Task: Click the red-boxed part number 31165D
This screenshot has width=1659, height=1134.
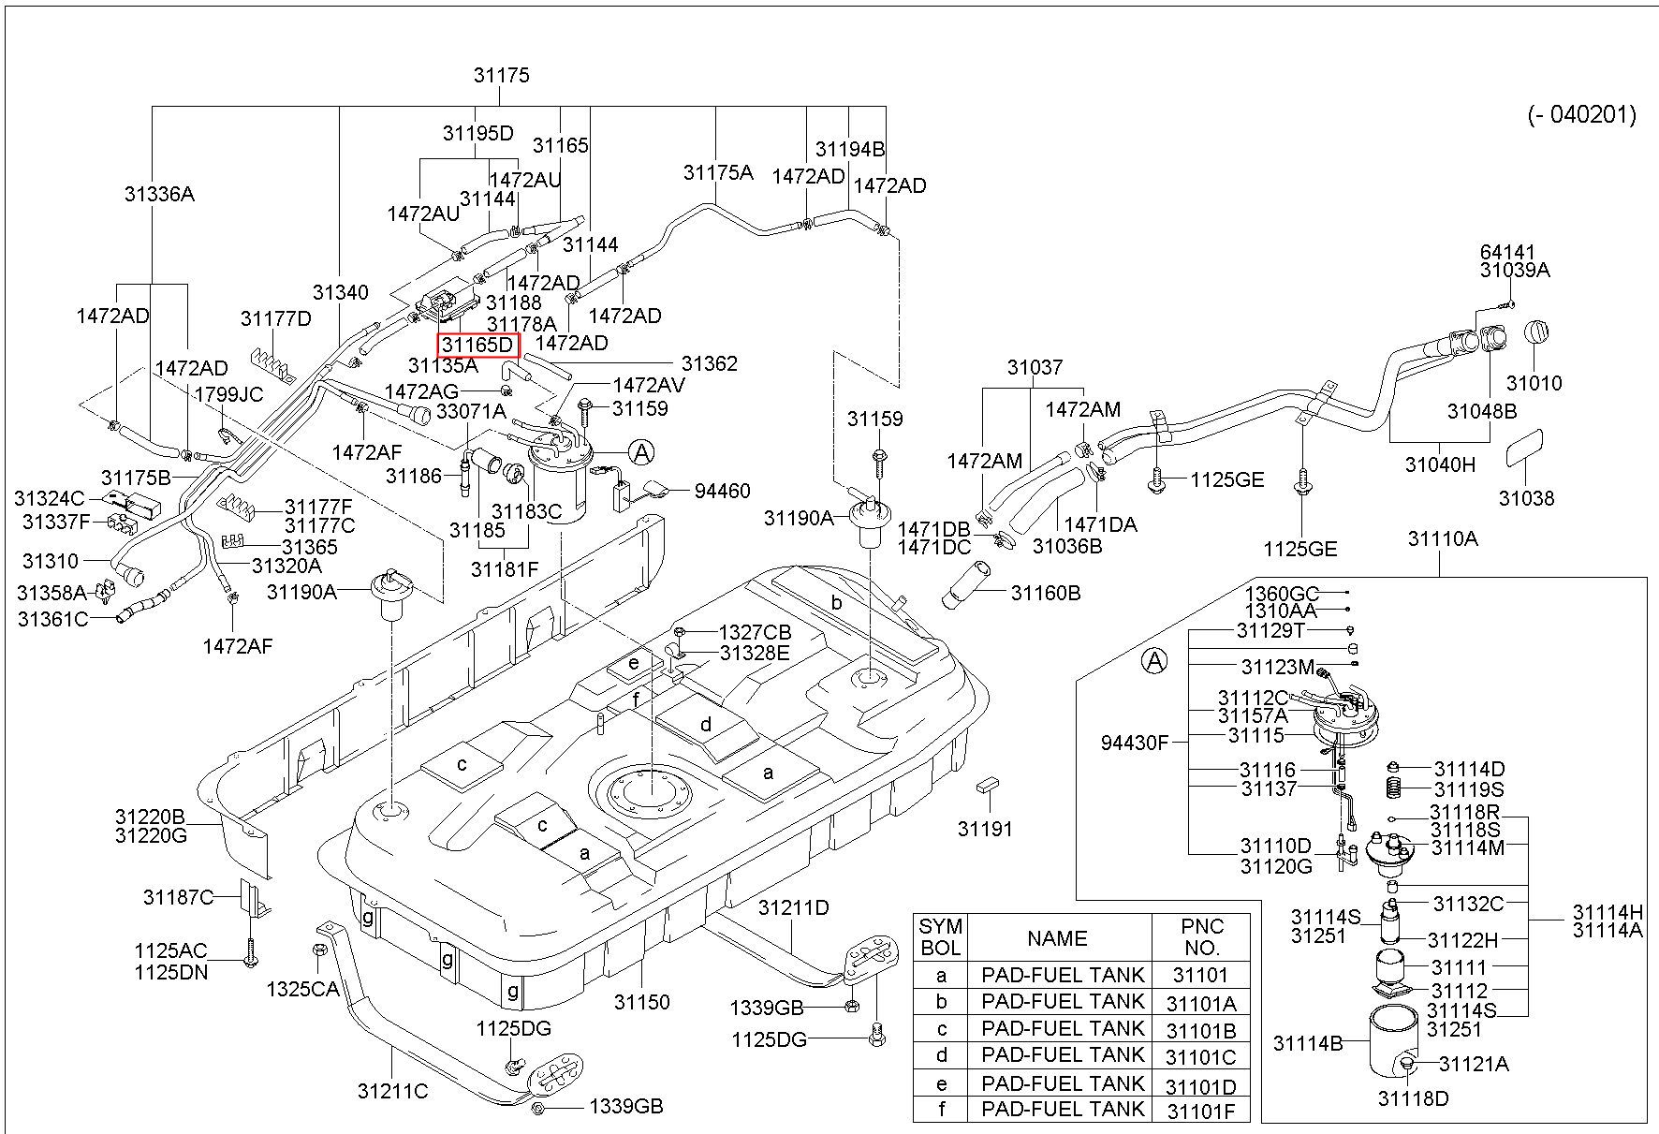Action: click(478, 345)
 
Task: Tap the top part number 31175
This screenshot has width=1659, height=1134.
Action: click(502, 75)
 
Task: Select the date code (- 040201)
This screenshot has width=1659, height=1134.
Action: click(1581, 114)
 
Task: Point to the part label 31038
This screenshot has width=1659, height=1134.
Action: click(1526, 498)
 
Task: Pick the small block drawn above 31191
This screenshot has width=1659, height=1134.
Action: click(987, 783)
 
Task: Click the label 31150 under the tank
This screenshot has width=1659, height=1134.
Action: click(641, 1002)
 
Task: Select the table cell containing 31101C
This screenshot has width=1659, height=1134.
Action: click(1201, 1057)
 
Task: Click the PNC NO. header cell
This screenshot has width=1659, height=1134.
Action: click(1201, 936)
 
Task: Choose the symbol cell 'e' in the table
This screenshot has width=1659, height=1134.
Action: click(941, 1084)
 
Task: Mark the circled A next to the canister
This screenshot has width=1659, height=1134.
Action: click(641, 453)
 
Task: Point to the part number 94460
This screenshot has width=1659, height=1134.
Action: click(722, 491)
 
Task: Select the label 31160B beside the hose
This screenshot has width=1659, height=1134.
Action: click(1046, 593)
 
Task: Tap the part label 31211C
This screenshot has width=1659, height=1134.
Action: click(392, 1091)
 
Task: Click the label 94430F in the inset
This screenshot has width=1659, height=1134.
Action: click(1135, 744)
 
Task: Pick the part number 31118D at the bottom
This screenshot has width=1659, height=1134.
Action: click(1413, 1098)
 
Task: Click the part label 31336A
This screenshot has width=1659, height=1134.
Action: click(159, 194)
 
